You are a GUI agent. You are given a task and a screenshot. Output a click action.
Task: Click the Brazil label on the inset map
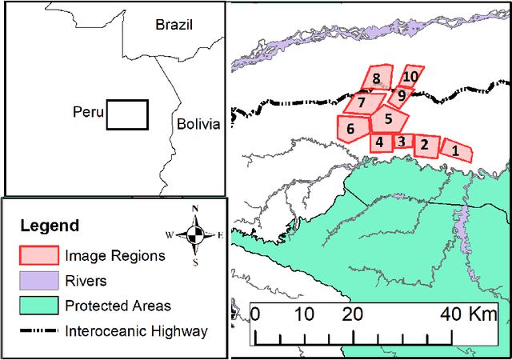[x=175, y=25]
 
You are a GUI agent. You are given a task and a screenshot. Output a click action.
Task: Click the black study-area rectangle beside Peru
[x=127, y=114]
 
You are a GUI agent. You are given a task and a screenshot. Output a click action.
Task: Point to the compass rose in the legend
[x=194, y=234]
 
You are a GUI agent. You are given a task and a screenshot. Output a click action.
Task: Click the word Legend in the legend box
[x=50, y=226]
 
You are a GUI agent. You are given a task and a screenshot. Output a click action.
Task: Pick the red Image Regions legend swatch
[x=38, y=256]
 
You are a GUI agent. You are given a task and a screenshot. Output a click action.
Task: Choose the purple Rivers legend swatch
[x=38, y=281]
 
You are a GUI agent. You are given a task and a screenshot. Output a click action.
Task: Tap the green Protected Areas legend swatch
[x=38, y=306]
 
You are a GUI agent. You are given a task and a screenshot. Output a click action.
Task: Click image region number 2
[x=425, y=145]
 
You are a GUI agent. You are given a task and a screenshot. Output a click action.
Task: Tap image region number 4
[x=380, y=142]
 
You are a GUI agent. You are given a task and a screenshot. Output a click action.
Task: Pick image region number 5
[x=387, y=119]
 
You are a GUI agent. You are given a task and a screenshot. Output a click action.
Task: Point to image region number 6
[x=350, y=127]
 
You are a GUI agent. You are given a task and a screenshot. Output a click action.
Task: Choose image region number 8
[x=376, y=78]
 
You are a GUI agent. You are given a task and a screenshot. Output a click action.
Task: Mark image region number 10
[x=410, y=76]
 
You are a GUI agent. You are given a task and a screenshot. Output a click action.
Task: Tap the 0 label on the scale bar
[x=254, y=313]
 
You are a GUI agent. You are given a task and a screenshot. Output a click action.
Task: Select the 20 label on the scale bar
[x=349, y=313]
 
